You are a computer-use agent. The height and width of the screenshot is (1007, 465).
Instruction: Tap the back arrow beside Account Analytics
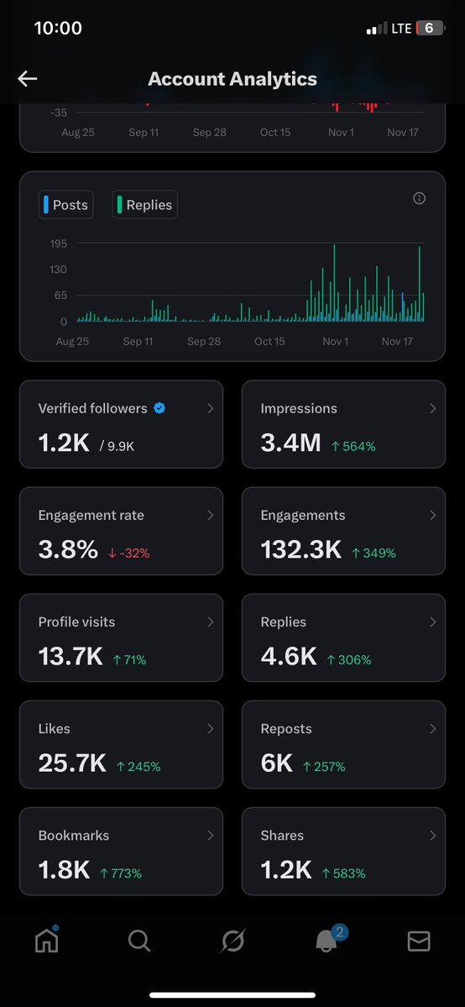tap(28, 79)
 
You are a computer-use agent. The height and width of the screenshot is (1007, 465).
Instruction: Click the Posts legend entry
tap(65, 205)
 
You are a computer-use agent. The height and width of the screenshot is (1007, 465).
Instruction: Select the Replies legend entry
tap(144, 205)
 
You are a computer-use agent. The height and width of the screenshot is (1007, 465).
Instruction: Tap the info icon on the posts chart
tap(420, 198)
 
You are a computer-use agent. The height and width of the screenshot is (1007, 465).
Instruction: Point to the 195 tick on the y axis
tap(59, 244)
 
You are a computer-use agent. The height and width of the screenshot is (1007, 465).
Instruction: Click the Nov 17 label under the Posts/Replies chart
tap(398, 342)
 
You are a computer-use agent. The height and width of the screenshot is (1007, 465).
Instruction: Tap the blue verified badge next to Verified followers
tap(159, 408)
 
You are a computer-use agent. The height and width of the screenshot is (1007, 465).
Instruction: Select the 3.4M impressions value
tap(290, 443)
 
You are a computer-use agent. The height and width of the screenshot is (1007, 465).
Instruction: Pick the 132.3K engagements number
tap(300, 550)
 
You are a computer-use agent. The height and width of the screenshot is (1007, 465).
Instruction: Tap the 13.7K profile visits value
tap(71, 657)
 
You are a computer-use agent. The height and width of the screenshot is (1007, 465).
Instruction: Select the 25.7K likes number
tap(72, 763)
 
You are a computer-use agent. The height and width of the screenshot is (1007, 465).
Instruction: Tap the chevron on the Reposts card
tap(432, 729)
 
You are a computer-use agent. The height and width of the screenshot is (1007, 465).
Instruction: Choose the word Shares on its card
tap(282, 836)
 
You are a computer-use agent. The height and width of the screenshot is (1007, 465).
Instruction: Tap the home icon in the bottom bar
tap(46, 941)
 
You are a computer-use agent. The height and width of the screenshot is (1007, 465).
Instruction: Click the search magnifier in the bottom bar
tap(139, 941)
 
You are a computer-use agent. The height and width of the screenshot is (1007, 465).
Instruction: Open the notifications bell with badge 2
tap(327, 941)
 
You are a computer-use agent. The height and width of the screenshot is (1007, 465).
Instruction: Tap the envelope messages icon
tap(419, 942)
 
